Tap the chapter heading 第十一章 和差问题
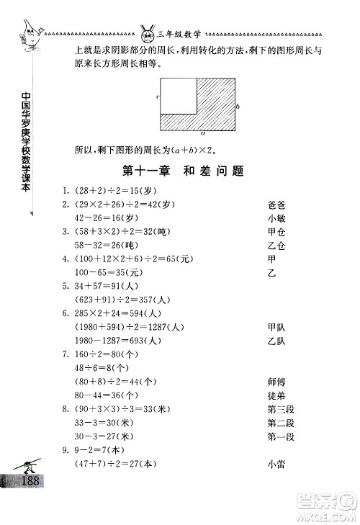tap(181, 171)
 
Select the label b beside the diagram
tap(238, 105)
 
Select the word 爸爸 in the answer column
tap(276, 205)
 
